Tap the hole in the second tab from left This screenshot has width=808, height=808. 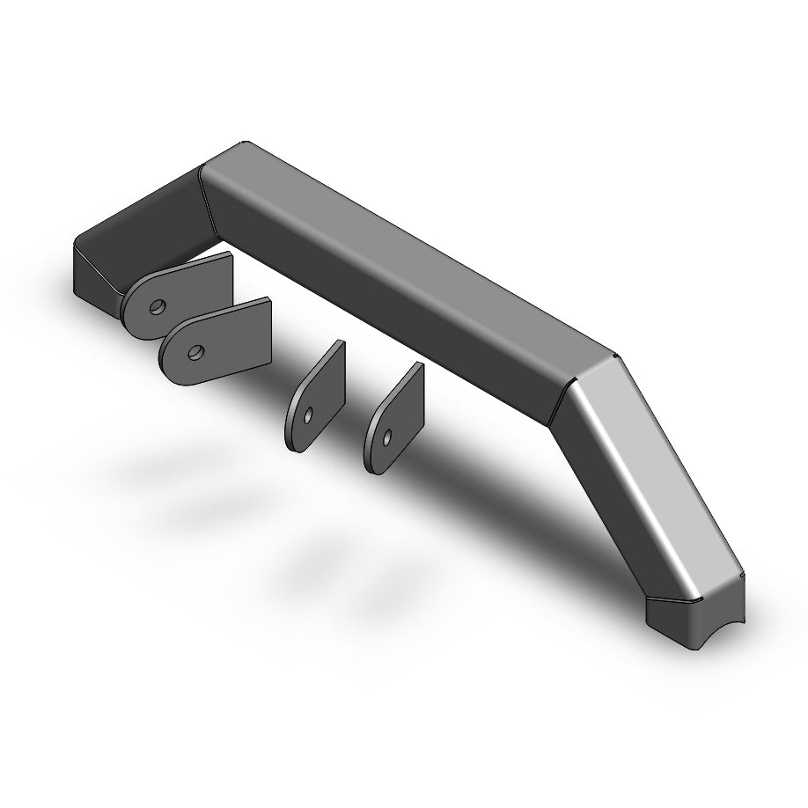point(195,353)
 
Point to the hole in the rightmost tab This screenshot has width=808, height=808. point(386,437)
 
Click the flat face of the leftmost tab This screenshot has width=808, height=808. point(189,290)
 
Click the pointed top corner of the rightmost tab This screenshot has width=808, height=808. point(421,364)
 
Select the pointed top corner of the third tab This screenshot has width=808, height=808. point(342,342)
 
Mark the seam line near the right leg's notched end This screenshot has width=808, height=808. point(695,599)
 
